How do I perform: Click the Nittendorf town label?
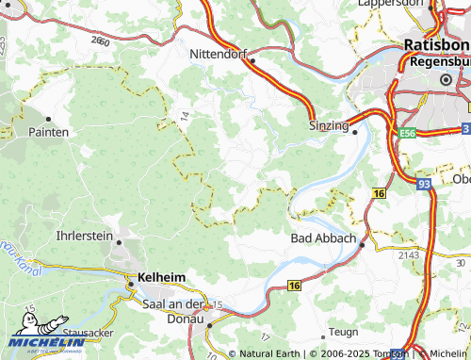click(x=218, y=55)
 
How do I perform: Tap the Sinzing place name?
click(x=329, y=124)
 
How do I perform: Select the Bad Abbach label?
click(x=322, y=238)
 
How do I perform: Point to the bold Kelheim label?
click(x=161, y=276)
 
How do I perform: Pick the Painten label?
click(x=49, y=133)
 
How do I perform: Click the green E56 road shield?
click(x=407, y=135)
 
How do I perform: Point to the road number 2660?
click(x=101, y=41)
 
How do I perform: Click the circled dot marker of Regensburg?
click(x=446, y=81)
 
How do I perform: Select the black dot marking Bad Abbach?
click(x=360, y=239)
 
